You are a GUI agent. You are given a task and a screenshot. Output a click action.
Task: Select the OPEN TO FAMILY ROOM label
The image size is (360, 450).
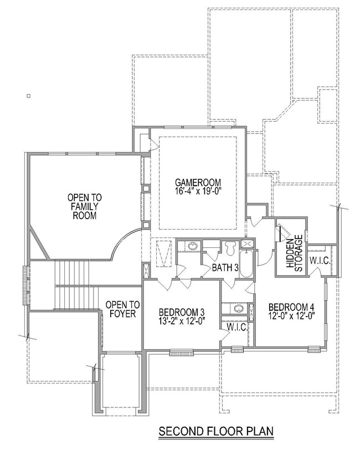(81, 206)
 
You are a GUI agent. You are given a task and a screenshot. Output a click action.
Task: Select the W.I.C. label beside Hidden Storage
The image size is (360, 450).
(320, 260)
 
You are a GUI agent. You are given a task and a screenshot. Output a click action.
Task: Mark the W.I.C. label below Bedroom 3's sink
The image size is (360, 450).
(236, 327)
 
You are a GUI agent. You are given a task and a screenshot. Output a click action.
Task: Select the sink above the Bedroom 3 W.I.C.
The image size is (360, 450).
(236, 309)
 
